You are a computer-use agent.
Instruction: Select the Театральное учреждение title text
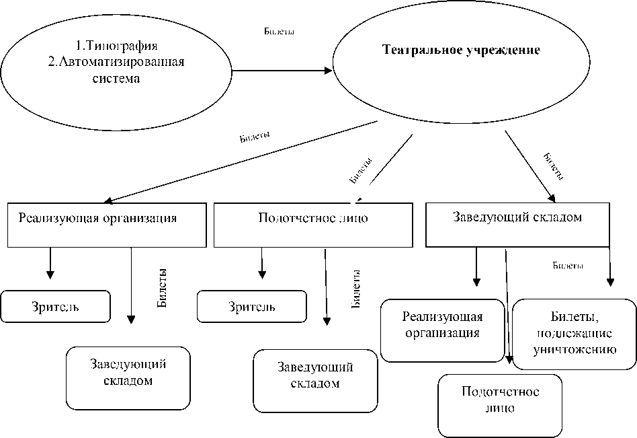(x=461, y=50)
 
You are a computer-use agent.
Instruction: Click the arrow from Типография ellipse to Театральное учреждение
(x=282, y=69)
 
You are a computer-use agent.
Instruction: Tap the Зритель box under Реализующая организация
(x=55, y=306)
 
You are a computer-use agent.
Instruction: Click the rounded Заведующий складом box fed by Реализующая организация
(x=128, y=378)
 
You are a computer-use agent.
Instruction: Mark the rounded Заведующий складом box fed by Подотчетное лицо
(x=314, y=379)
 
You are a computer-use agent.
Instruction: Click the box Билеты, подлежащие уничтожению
(x=574, y=333)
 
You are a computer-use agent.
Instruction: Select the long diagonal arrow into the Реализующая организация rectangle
(x=242, y=161)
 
